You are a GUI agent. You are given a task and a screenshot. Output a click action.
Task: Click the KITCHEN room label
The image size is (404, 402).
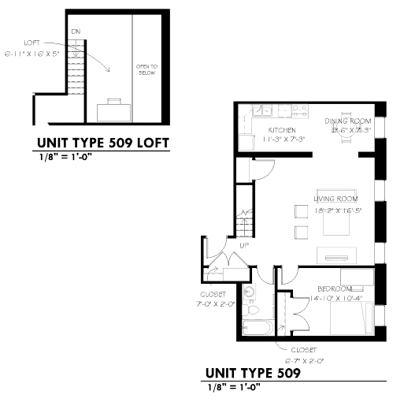coord(281,130)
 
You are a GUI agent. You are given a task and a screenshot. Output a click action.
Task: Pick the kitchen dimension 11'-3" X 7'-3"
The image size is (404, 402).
coord(281,140)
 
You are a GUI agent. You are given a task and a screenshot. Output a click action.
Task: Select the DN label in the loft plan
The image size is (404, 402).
coord(76,31)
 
